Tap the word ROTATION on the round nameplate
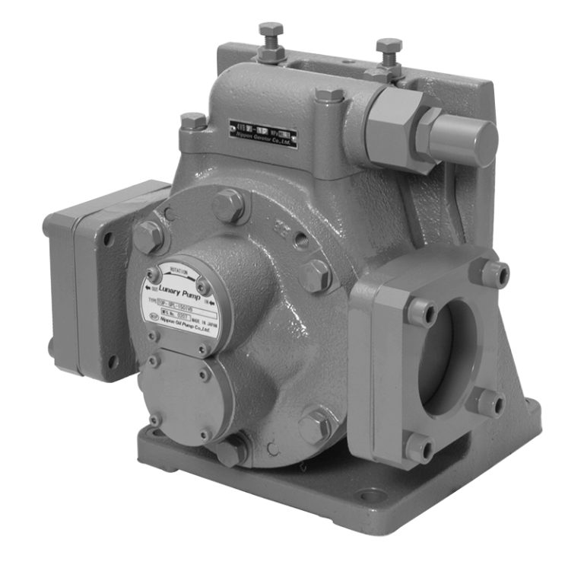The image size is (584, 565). [179, 270]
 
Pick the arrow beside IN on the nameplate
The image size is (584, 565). [211, 299]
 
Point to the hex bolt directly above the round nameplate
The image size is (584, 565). [229, 206]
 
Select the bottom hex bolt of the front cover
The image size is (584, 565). [231, 449]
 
